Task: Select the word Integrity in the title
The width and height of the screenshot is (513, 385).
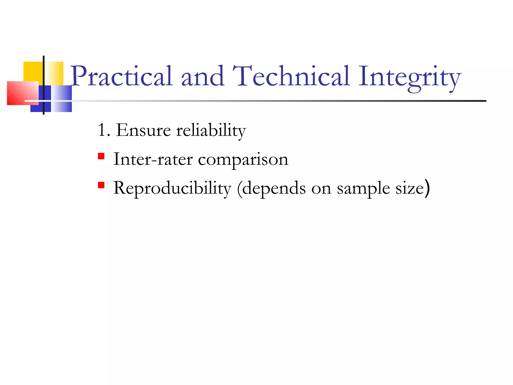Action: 409,78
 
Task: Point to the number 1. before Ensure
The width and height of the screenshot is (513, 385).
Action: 104,130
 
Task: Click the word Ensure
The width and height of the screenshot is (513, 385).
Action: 143,130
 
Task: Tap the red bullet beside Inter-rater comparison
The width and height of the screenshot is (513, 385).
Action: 101,156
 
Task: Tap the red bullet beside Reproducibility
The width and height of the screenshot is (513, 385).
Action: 101,185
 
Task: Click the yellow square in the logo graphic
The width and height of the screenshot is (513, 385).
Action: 33,71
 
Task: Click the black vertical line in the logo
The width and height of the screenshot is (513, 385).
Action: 44,85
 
